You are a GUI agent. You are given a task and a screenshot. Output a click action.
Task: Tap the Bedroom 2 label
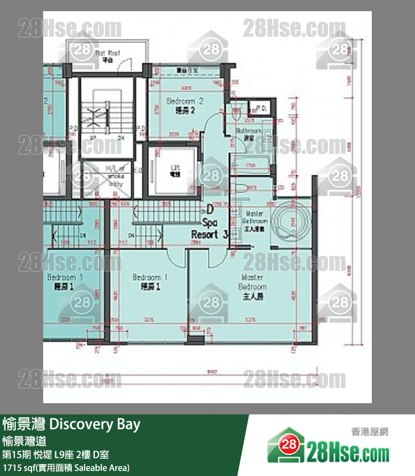[x=185, y=105]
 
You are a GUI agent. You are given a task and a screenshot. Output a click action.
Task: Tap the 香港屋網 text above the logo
[x=370, y=432]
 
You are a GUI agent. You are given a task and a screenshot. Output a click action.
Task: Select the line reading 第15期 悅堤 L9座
[x=47, y=454]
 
